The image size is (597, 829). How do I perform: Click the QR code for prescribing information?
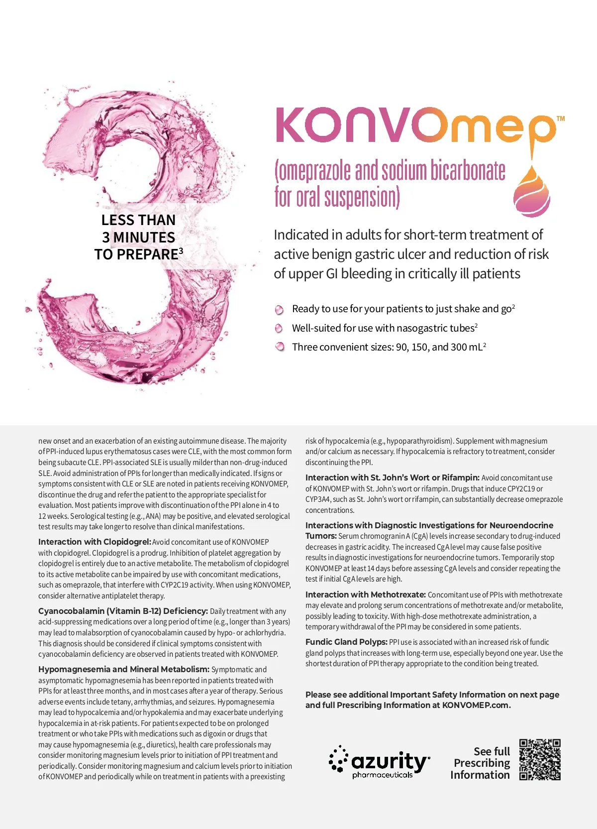coord(540,760)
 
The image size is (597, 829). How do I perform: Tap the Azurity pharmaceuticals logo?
coord(379,762)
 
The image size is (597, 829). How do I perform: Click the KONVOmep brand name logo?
coord(415,125)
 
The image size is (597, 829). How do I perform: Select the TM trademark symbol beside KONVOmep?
coord(561,118)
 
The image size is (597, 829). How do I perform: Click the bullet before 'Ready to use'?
coord(279,310)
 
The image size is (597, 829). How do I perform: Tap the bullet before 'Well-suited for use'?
coord(279,329)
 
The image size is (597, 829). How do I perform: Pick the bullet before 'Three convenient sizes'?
coord(279,347)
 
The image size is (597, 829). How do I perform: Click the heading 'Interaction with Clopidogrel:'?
coord(95,542)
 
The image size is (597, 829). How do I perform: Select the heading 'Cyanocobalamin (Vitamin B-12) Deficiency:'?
coord(123,611)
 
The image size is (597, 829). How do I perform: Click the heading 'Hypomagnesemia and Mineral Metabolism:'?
coord(124,669)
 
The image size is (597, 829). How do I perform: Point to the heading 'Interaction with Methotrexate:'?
coord(366,594)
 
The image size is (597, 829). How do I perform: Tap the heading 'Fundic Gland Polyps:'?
coord(346,642)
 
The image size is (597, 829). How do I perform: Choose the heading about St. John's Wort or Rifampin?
coord(393,477)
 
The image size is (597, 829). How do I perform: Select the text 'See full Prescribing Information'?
coord(481,763)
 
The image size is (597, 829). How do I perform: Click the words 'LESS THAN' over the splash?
coord(138,220)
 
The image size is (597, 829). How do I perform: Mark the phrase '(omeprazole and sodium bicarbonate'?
coord(390,171)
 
